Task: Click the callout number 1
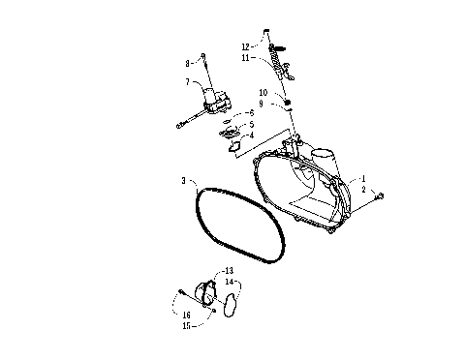point(363,178)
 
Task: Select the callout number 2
point(363,191)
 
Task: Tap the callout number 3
point(183,181)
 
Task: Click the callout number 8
point(190,64)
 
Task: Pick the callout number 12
point(247,45)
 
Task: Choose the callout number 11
point(247,58)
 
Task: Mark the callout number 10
point(263,93)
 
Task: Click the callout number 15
point(186,325)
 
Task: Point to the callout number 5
point(250,125)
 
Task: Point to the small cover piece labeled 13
point(204,292)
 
